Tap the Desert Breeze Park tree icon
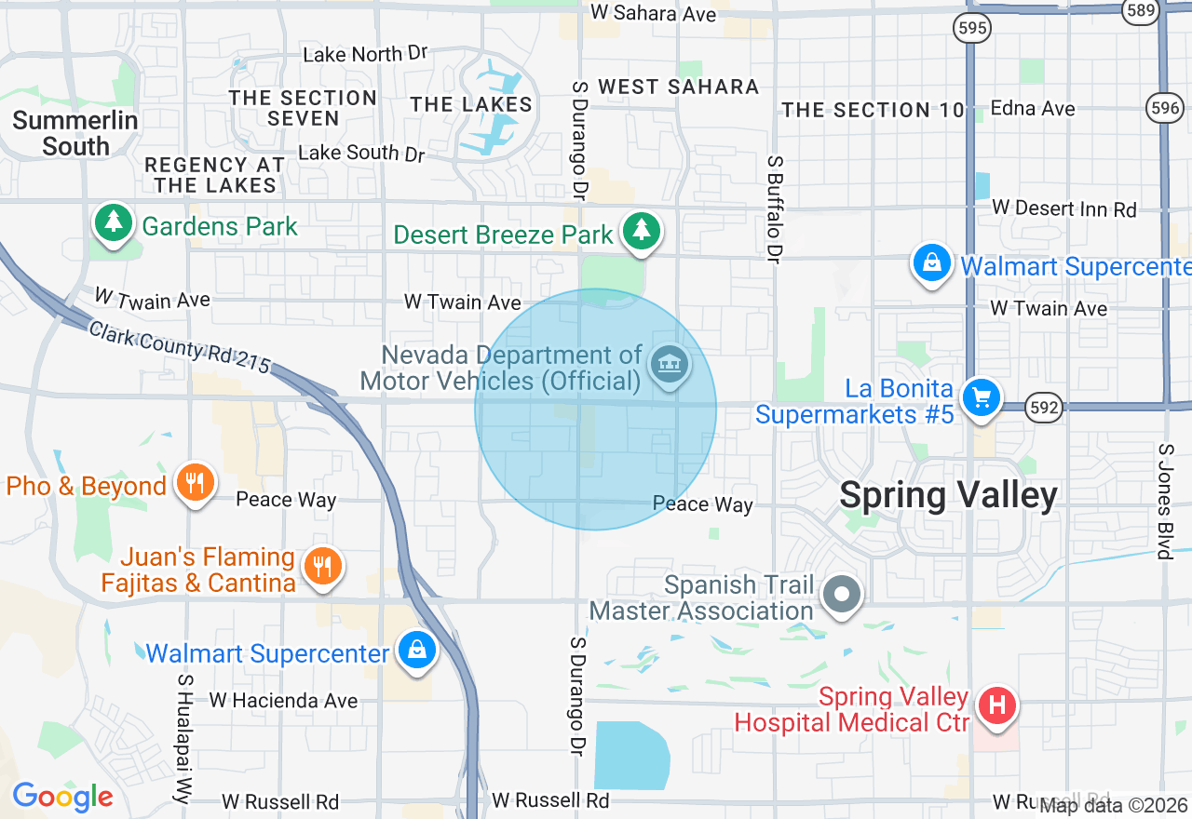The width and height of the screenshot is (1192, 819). pos(640,231)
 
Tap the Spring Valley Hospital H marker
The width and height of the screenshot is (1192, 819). pos(997,705)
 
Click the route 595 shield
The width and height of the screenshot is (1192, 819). pos(971,29)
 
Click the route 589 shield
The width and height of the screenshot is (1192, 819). pos(1141,11)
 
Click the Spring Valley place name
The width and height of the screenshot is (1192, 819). pos(948,495)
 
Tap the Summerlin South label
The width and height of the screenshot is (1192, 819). pos(75,133)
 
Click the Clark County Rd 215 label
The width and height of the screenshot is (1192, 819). pos(179,345)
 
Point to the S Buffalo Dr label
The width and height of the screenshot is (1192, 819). pos(774,208)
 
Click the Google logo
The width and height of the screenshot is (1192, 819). pos(62,797)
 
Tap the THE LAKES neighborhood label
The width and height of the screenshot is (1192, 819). pos(471,104)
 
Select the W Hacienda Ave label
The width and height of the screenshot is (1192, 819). pos(283,700)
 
